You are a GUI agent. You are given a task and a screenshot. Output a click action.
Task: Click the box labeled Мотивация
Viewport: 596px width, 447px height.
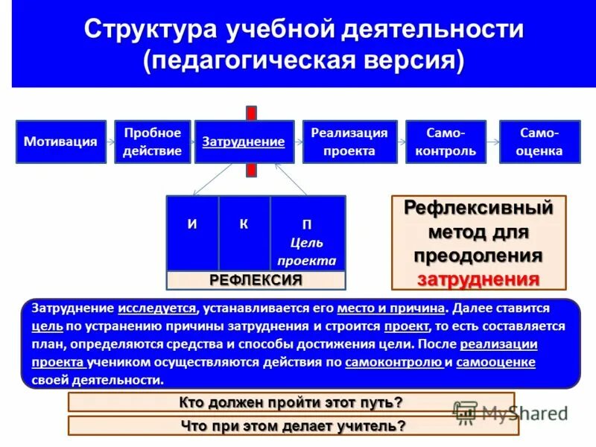pos(60,142)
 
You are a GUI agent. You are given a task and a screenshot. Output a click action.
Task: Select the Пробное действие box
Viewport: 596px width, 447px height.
pos(152,142)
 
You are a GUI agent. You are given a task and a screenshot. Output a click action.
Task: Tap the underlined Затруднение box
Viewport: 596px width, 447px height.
pos(244,142)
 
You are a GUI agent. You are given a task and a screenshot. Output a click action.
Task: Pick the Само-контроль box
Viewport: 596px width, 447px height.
pos(446,142)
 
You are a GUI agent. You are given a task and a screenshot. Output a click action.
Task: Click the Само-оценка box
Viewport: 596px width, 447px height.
pos(540,142)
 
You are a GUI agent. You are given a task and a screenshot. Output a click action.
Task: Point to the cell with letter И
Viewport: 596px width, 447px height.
pos(192,232)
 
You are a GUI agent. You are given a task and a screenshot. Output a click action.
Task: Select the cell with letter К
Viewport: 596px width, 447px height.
pos(244,232)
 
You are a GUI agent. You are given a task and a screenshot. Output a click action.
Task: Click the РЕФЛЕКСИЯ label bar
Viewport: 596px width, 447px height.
pos(256,280)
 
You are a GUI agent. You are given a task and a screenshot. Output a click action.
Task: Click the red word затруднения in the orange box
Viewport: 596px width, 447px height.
pos(478,279)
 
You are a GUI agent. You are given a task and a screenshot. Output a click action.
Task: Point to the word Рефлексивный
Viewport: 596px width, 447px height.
pos(478,207)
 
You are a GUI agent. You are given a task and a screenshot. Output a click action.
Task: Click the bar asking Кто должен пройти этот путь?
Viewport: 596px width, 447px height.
pos(291,402)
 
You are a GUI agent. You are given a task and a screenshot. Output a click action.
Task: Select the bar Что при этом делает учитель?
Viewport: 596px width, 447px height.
pos(293,426)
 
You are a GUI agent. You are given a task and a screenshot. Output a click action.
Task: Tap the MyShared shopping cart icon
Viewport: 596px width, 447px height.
pos(466,412)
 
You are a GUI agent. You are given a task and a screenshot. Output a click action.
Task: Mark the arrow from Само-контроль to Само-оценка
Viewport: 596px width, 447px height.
pos(492,142)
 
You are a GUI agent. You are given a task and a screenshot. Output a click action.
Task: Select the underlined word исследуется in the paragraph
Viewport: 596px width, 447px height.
pos(157,308)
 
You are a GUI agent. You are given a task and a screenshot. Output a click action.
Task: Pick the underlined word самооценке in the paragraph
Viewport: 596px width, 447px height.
pos(495,362)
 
